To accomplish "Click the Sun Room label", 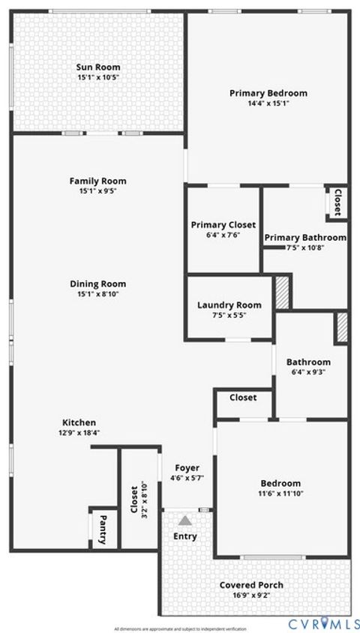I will coord(98,67).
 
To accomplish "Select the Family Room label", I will coord(98,181).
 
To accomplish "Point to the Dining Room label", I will coord(98,283).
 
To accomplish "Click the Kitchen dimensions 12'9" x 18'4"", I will coord(79,433).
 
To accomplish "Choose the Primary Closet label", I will coord(223,225).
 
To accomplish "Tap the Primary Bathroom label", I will coord(305,238).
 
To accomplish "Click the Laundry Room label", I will coord(229,304).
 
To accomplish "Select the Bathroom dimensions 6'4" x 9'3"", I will coord(308,372).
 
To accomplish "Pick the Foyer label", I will coord(187,468).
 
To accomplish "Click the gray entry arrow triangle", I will coord(185,520).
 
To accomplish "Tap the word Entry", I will coord(185,536).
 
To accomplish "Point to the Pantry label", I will coord(103,529).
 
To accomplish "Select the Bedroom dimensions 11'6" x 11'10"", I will coord(280,493).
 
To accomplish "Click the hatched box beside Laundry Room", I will coord(283,292).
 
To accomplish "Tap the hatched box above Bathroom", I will coord(342,327).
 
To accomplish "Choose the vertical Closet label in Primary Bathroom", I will coord(337,201).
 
